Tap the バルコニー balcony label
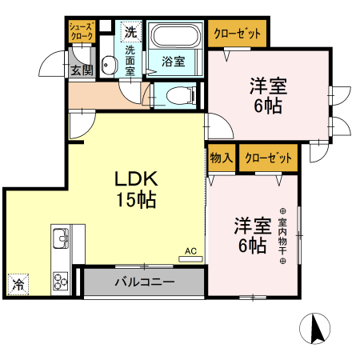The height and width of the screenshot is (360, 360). pos(144,282)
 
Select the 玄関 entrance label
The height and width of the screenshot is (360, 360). pos(81,70)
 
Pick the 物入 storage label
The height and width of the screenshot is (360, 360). pos(221,158)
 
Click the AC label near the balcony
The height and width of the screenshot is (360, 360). pos(190,251)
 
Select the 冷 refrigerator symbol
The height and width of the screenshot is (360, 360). pos(17,282)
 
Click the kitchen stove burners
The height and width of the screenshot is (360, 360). pos(61,280)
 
